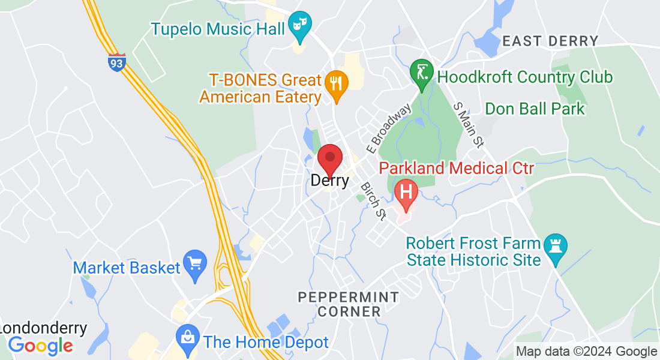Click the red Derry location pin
coord(329,159)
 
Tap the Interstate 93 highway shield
coord(117,62)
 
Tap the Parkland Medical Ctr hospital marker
coord(406,193)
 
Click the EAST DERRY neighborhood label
coord(550,41)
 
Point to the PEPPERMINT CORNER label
coord(349,304)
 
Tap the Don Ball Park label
coord(535,109)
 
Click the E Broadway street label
coord(389,128)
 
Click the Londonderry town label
coord(43,329)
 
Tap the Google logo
coord(40,345)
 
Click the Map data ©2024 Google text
coord(586,352)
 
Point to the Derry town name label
coord(329,180)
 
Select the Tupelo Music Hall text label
coord(217,28)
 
